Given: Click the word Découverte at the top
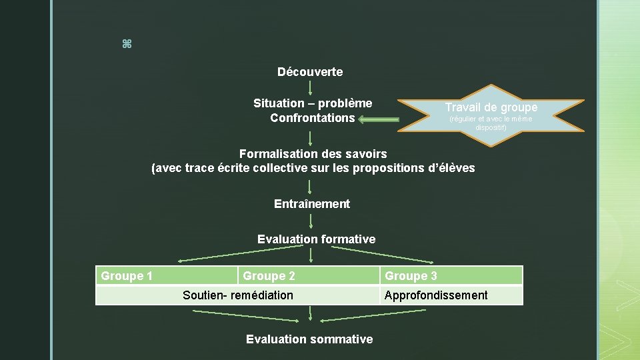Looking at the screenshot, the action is click(310, 71).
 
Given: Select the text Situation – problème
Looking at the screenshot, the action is click(313, 103).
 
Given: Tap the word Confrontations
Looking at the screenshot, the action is click(312, 118).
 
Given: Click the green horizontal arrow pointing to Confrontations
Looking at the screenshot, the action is click(379, 120).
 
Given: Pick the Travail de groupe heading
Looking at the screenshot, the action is click(491, 107).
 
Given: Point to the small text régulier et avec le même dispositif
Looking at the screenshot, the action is click(491, 123).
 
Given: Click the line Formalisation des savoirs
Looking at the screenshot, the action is click(313, 154).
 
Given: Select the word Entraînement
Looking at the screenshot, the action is click(311, 204).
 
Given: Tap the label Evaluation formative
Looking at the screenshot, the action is click(316, 239).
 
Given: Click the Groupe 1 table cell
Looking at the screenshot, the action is click(167, 276).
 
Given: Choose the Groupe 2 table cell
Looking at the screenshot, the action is click(309, 276).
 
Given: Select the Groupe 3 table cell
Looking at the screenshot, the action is click(451, 276).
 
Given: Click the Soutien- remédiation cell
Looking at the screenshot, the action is click(238, 295).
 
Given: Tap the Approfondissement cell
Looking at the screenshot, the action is click(451, 295).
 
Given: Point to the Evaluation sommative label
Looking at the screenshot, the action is click(309, 339).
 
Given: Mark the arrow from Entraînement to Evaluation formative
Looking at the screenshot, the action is click(311, 221).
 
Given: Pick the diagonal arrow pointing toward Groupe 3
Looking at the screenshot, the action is click(383, 255).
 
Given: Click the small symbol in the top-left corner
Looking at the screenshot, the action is click(127, 44).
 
